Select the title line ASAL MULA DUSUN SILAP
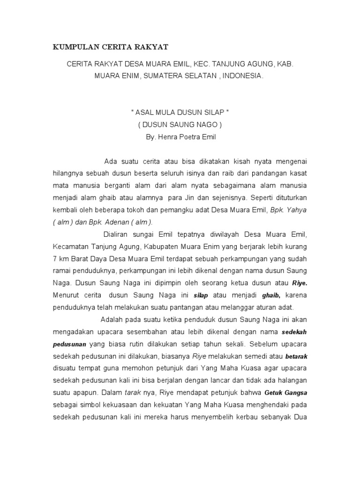click(x=180, y=114)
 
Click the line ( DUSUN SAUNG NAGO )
click(x=180, y=126)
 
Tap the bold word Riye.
click(x=299, y=284)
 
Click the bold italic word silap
click(x=201, y=296)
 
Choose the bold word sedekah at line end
click(x=294, y=332)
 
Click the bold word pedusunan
click(x=69, y=344)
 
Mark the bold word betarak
click(x=296, y=356)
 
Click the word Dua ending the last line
click(x=300, y=417)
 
